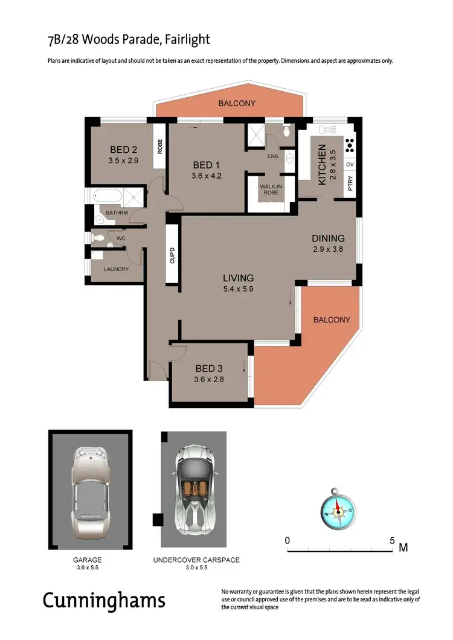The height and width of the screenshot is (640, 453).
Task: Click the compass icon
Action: (x=339, y=511)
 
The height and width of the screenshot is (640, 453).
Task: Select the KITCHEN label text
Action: (x=322, y=164)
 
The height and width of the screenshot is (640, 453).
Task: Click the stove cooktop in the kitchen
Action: (x=349, y=146)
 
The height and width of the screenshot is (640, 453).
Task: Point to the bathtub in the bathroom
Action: (x=107, y=197)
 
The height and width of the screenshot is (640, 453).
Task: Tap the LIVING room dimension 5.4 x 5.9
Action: (x=238, y=289)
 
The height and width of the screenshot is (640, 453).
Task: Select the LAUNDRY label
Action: (x=116, y=269)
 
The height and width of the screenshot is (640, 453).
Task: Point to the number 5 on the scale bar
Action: (x=392, y=540)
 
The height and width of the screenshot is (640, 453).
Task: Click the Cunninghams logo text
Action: (x=103, y=600)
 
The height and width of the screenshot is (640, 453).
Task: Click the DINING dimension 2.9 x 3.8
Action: (x=328, y=249)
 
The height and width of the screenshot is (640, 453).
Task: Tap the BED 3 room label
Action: (x=210, y=368)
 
